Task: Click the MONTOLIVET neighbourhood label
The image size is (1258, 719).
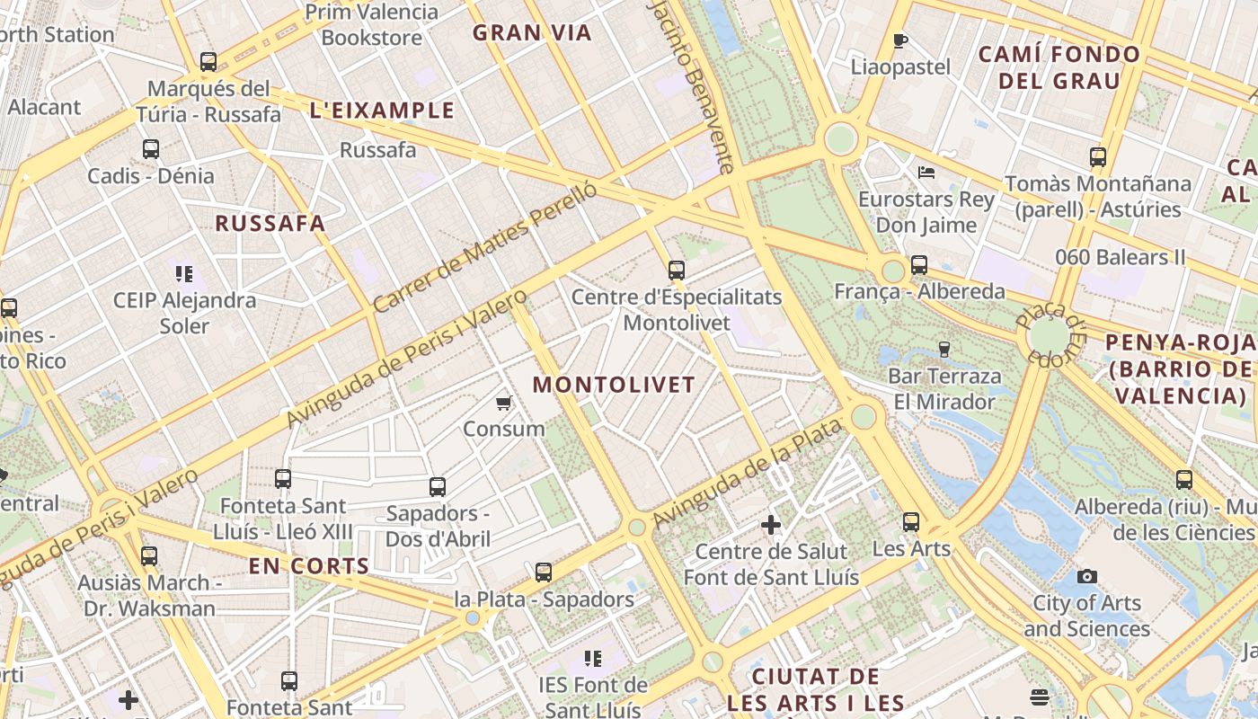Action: click(x=614, y=385)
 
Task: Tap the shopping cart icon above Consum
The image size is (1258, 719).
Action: click(x=504, y=403)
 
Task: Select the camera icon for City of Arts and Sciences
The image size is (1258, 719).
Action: click(x=1087, y=576)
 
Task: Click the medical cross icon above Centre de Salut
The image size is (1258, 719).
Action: click(x=771, y=524)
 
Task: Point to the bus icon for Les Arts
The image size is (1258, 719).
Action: click(x=911, y=522)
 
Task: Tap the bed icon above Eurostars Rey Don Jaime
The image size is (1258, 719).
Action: click(x=926, y=172)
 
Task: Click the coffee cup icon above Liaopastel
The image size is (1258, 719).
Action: click(x=900, y=40)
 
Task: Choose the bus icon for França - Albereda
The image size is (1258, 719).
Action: click(x=918, y=265)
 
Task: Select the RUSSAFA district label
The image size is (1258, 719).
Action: click(x=270, y=224)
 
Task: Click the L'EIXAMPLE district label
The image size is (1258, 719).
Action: click(x=382, y=111)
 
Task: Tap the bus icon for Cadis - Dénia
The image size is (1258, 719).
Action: click(x=150, y=149)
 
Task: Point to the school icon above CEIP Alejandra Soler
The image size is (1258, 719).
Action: click(x=184, y=273)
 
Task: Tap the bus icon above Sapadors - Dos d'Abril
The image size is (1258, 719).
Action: click(x=438, y=487)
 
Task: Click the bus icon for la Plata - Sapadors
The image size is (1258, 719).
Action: click(x=543, y=573)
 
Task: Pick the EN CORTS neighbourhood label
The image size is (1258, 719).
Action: click(x=308, y=566)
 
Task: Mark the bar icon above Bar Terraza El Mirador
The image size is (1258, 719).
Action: click(x=943, y=349)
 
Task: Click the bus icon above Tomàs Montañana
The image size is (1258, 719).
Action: click(x=1097, y=157)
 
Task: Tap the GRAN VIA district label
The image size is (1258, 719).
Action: click(x=532, y=33)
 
